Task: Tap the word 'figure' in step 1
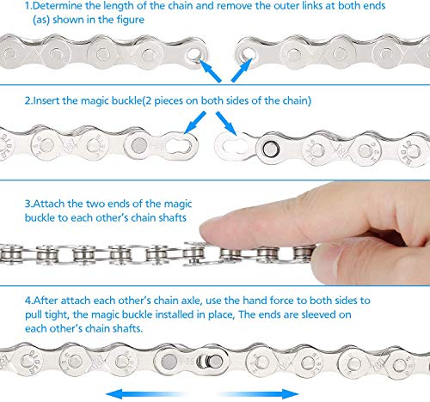click(131, 20)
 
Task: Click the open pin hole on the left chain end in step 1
click(194, 54)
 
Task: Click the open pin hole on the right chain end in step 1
click(248, 54)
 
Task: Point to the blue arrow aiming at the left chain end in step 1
click(210, 70)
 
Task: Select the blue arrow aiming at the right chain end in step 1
click(242, 70)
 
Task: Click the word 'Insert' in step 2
click(46, 100)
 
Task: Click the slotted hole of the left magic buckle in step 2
click(179, 146)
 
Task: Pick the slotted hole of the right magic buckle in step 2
click(235, 146)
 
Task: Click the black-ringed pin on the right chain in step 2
click(271, 149)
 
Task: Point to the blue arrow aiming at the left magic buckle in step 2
click(195, 123)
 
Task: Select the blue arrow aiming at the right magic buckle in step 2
click(226, 124)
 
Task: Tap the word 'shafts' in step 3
click(172, 217)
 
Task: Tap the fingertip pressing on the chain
click(212, 230)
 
